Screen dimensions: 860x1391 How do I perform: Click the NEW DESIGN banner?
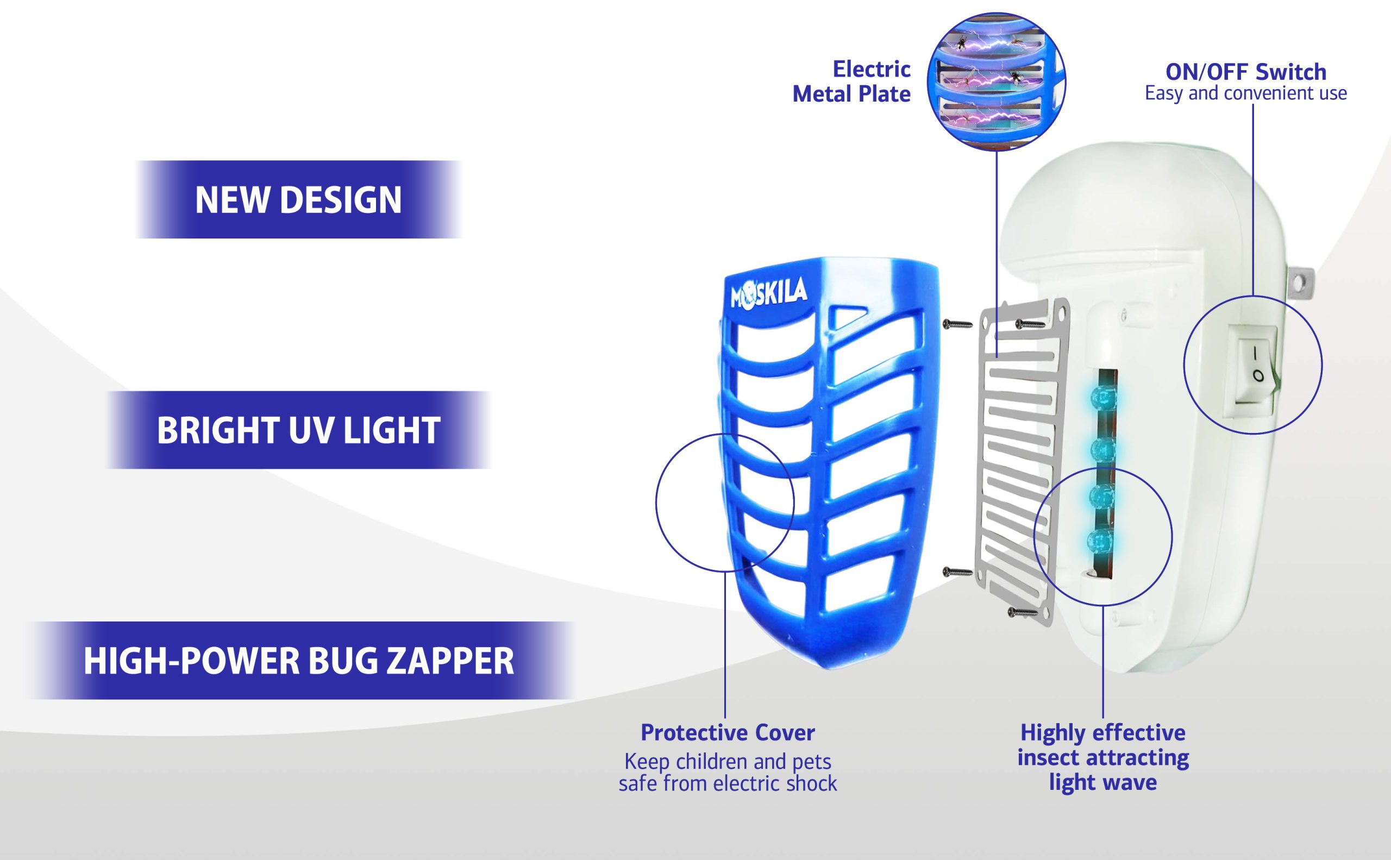pos(298,199)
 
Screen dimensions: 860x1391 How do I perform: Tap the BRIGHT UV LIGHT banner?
pos(298,430)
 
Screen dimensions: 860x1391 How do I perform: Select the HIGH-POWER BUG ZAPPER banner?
pos(299,661)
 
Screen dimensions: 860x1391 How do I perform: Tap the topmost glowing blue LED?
pos(1103,397)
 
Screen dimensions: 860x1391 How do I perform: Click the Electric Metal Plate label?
pos(851,82)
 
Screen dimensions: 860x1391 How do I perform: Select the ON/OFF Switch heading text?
pos(1245,72)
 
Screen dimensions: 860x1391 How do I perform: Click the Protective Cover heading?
pos(728,732)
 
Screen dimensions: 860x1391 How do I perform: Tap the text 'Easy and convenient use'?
pos(1245,94)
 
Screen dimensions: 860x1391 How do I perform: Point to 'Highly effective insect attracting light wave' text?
pos(1102,758)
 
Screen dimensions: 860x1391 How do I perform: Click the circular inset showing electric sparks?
pos(996,81)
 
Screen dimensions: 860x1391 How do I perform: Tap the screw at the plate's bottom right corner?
pos(1023,613)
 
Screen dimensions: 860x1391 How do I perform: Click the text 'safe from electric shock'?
pos(728,784)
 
